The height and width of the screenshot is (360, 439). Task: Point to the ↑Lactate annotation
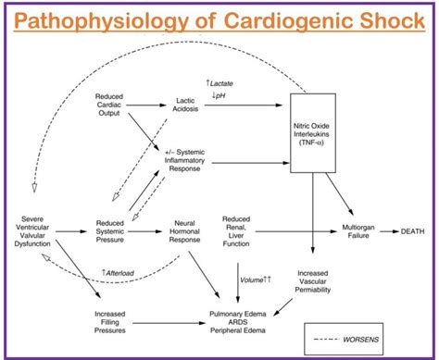219,82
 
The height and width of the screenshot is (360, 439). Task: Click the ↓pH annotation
219,93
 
